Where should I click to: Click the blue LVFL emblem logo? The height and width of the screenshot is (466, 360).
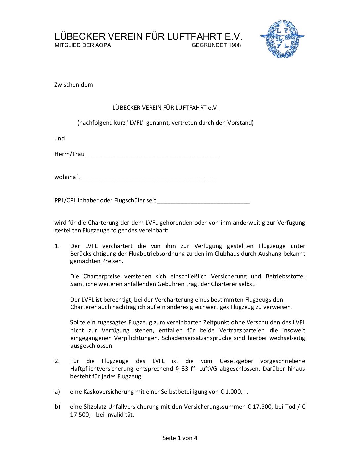coord(282,39)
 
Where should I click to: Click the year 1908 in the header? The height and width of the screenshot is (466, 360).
coord(235,45)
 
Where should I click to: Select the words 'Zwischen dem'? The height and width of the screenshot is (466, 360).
coord(73,85)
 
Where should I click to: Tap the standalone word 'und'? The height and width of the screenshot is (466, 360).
coord(60,138)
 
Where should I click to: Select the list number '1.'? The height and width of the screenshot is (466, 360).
coord(57,246)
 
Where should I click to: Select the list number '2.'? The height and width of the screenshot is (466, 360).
coord(57,361)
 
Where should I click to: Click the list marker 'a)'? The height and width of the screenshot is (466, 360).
coord(57,392)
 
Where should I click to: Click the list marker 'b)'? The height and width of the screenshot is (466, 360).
coord(57,407)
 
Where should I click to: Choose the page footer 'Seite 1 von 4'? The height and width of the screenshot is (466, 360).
coord(180,438)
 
